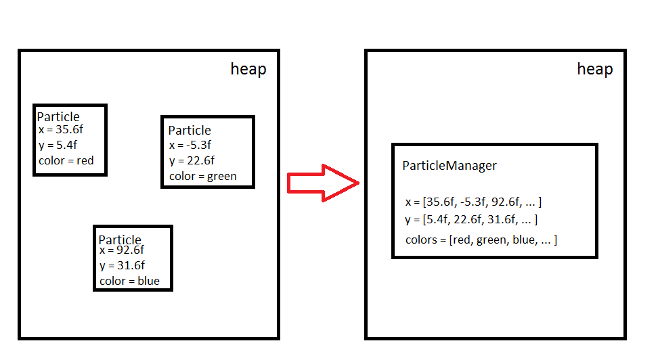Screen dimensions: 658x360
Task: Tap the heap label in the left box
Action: (248, 69)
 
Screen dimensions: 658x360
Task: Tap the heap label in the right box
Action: (594, 69)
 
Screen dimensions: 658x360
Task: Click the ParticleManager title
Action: (449, 165)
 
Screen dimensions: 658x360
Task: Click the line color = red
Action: (66, 160)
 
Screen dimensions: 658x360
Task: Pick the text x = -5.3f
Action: (190, 144)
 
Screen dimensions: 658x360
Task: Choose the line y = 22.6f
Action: (192, 160)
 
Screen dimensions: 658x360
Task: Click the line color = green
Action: (203, 176)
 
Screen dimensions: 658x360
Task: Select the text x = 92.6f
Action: (122, 250)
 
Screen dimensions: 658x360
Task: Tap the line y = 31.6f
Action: (122, 265)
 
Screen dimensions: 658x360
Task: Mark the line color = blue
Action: (129, 281)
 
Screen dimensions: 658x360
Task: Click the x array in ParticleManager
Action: (473, 202)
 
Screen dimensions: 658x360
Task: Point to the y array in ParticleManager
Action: (471, 219)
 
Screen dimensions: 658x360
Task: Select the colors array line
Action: (481, 240)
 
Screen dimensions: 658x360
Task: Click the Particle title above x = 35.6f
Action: (58, 117)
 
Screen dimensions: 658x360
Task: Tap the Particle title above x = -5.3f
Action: (190, 130)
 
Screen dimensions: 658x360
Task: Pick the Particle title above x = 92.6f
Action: (120, 240)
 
